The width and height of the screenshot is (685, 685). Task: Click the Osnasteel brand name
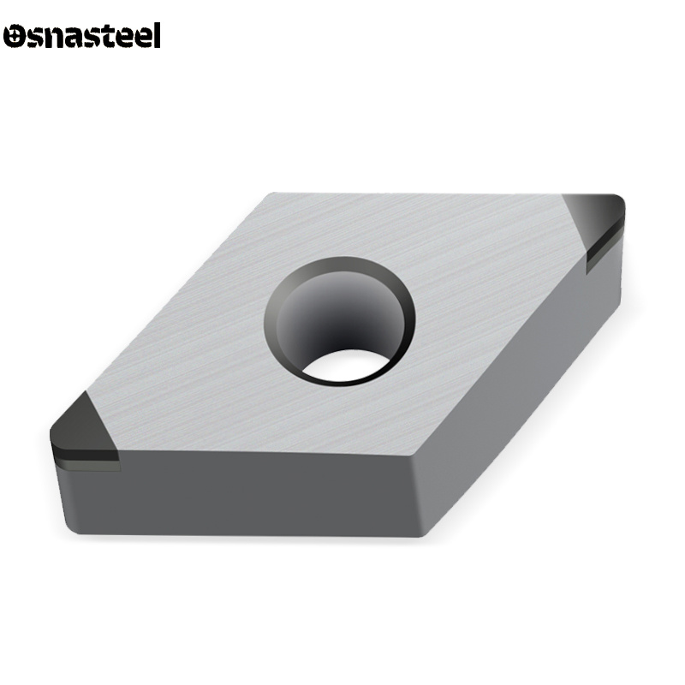click(82, 35)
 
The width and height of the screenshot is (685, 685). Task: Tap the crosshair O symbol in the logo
click(15, 36)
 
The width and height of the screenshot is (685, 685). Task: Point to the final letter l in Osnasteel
click(157, 35)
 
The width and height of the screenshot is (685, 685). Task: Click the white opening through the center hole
click(346, 366)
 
